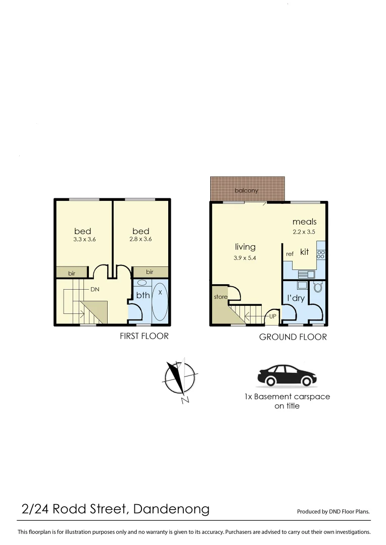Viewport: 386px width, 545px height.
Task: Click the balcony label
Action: tap(247, 190)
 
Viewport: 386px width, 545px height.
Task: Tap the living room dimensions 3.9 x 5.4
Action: tap(245, 258)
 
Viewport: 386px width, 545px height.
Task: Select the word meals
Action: tap(304, 222)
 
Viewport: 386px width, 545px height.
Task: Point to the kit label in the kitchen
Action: tap(304, 252)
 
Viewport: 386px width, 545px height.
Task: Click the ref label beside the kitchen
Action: tap(289, 254)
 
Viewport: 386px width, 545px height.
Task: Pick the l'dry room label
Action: tap(296, 298)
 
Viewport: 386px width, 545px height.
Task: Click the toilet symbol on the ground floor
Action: tap(318, 287)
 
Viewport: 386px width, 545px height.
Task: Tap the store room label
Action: tap(221, 297)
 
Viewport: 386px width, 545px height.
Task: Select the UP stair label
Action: tap(272, 316)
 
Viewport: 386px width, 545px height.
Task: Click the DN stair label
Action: tap(94, 290)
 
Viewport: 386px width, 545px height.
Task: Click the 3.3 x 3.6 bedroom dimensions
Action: tap(84, 239)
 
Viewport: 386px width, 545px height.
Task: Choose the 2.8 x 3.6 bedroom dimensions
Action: tap(140, 239)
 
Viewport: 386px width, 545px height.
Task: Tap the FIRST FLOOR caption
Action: tap(144, 336)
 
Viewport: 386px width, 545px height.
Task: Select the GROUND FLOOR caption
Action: tap(293, 337)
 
